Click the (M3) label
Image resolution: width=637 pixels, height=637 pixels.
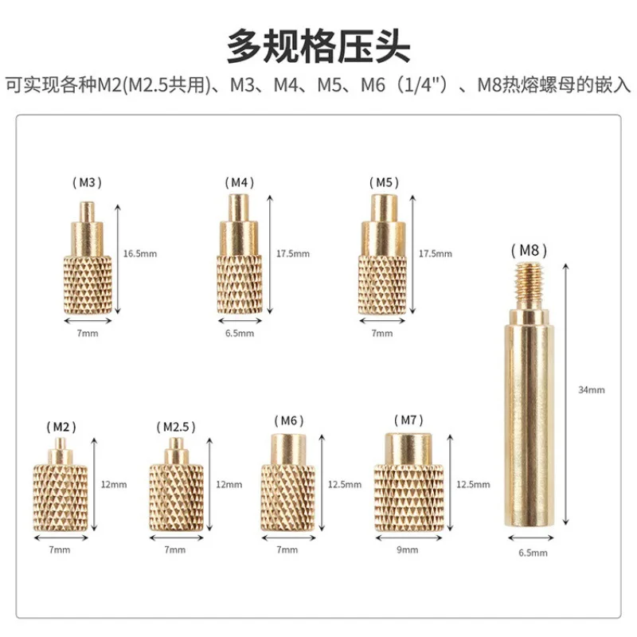point(87,183)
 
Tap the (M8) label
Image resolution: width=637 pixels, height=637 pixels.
point(529,250)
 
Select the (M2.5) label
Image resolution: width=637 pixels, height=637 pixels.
point(176,427)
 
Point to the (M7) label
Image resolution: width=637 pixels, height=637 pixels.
point(408,420)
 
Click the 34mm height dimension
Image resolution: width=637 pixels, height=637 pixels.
point(592,390)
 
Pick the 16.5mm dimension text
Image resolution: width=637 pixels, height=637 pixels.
point(140,254)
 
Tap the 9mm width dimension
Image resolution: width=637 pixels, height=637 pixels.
point(408,549)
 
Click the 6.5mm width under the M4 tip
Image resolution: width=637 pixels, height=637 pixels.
point(240,334)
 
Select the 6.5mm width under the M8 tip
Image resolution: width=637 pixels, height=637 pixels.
point(533,553)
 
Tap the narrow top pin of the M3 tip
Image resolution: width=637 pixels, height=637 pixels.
point(87,212)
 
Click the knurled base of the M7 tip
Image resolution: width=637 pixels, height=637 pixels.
point(408,498)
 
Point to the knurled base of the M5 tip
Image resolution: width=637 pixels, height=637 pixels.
point(382,285)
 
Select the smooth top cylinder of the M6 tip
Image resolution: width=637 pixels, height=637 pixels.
point(288,449)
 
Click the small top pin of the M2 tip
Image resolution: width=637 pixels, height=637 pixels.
point(61,444)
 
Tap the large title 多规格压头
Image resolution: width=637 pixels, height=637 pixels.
point(318,45)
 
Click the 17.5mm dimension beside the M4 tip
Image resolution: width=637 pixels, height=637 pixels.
point(293,254)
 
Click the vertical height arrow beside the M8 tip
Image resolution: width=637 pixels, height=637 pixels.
point(566,394)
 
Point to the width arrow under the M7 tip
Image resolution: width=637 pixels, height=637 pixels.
point(408,538)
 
